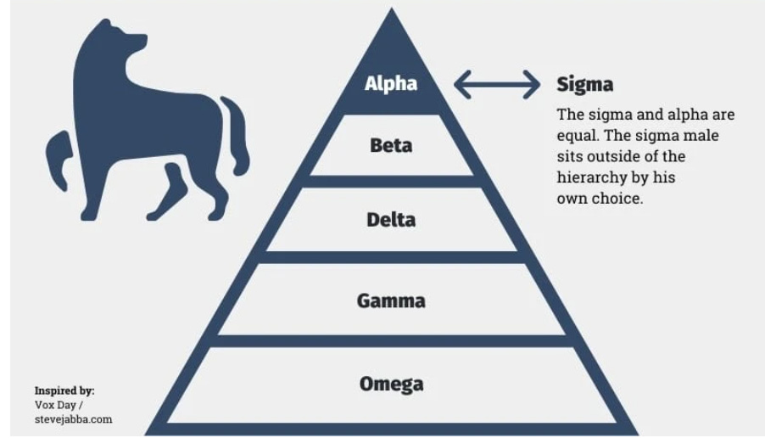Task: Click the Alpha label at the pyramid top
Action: coord(391,83)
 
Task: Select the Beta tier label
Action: coord(391,145)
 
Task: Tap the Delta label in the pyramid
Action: coord(391,220)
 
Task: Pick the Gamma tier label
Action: coord(391,300)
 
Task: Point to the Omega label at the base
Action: coord(391,384)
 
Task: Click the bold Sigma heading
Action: coord(584,84)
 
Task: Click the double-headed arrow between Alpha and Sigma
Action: coord(497,84)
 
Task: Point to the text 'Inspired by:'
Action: coord(64,390)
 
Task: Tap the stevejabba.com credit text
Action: coord(73,419)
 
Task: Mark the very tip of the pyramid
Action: coord(391,11)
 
